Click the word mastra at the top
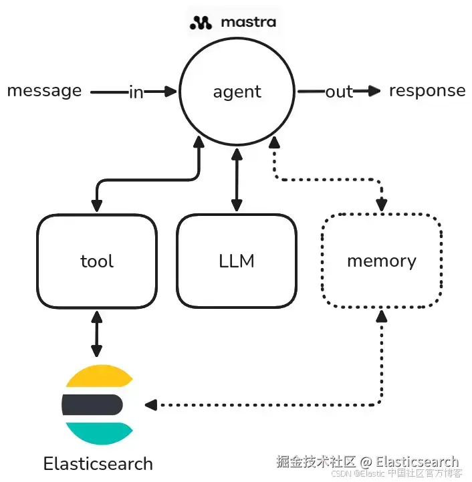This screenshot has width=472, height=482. pyautogui.click(x=247, y=22)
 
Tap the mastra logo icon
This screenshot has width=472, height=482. pyautogui.click(x=201, y=23)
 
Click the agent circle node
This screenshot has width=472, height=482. pyautogui.click(x=237, y=92)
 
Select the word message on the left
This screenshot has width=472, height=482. pyautogui.click(x=44, y=90)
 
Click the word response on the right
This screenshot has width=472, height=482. pyautogui.click(x=427, y=90)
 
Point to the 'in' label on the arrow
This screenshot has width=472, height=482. pyautogui.click(x=136, y=92)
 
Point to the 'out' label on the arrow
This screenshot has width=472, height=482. pyautogui.click(x=339, y=92)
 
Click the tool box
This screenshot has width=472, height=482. pyautogui.click(x=97, y=261)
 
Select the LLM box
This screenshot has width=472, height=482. pyautogui.click(x=237, y=261)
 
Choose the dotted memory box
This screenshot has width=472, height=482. pyautogui.click(x=381, y=261)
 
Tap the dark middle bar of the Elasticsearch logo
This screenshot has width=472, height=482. pyautogui.click(x=92, y=404)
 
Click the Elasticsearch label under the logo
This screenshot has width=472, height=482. pyautogui.click(x=98, y=463)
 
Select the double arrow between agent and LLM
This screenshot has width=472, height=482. pyautogui.click(x=235, y=180)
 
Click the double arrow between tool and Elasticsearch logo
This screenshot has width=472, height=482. pyautogui.click(x=97, y=332)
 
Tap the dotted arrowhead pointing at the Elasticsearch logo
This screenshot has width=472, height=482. pyautogui.click(x=150, y=404)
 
